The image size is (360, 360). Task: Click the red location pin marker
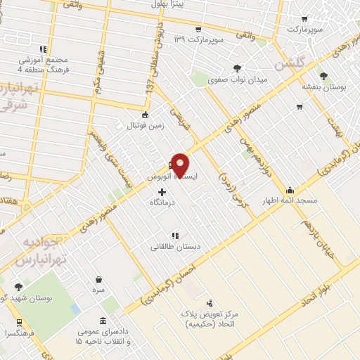coord(181,165)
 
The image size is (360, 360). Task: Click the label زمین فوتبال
coord(144,125)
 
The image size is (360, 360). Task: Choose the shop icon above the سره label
coord(98,279)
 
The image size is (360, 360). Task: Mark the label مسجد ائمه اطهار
coord(290,200)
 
